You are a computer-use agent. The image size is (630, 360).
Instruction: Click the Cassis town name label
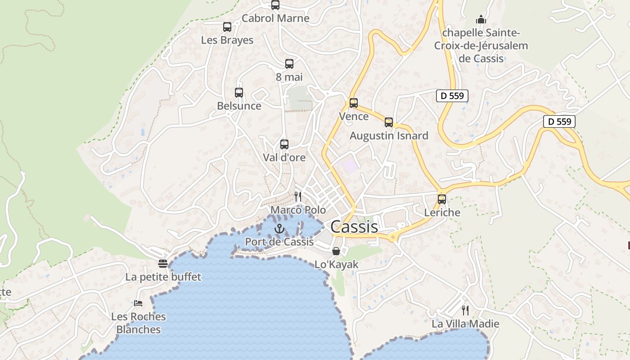354,227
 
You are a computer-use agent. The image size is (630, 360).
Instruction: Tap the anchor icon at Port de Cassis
279,229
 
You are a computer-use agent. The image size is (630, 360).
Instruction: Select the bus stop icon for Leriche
442,199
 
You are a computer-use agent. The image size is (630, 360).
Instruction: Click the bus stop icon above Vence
354,103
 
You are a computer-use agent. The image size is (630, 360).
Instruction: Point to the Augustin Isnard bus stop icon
389,122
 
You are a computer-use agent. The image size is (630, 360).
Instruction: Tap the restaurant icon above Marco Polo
297,196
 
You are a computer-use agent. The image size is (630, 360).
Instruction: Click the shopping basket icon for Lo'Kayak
336,251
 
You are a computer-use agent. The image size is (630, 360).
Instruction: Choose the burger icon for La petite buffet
163,264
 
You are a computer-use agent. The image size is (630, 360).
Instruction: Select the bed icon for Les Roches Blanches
138,303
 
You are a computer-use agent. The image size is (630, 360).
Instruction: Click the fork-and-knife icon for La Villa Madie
465,310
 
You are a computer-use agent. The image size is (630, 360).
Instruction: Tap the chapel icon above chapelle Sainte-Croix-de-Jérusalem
481,19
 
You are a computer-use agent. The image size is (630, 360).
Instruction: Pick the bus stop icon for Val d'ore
284,144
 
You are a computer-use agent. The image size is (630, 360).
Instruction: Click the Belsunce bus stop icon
239,93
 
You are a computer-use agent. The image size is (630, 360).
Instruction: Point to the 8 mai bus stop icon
289,64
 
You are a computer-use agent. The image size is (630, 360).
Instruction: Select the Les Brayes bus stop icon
227,27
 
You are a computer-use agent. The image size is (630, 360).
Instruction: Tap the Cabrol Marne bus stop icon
275,5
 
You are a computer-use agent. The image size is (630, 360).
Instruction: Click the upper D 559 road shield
452,95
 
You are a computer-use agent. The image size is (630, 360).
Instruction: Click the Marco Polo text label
298,210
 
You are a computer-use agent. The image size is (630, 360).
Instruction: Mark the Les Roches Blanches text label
138,323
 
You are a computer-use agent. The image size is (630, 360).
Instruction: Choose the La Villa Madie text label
465,324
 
